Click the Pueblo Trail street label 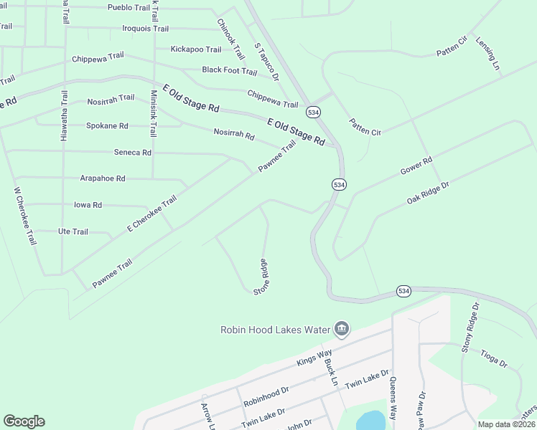129,7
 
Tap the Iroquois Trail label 146,29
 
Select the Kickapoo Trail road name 196,49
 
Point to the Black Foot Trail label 229,71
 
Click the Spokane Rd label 107,125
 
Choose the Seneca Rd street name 133,153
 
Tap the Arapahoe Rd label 103,178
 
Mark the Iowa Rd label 88,205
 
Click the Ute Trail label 73,231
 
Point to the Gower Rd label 416,166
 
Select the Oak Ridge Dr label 428,192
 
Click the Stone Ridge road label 261,277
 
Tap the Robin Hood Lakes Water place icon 341,329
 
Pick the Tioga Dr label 493,358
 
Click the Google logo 24,421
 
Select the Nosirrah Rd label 234,134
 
